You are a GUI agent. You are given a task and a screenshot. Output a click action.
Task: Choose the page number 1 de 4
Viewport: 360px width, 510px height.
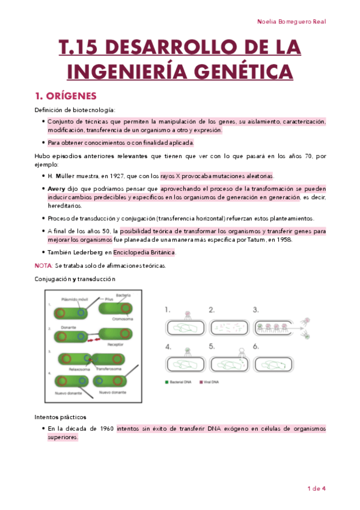point(316,488)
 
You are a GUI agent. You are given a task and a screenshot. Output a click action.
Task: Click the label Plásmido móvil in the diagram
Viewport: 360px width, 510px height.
point(75,298)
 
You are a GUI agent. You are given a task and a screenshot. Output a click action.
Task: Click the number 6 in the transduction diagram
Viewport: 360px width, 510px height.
point(256,346)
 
